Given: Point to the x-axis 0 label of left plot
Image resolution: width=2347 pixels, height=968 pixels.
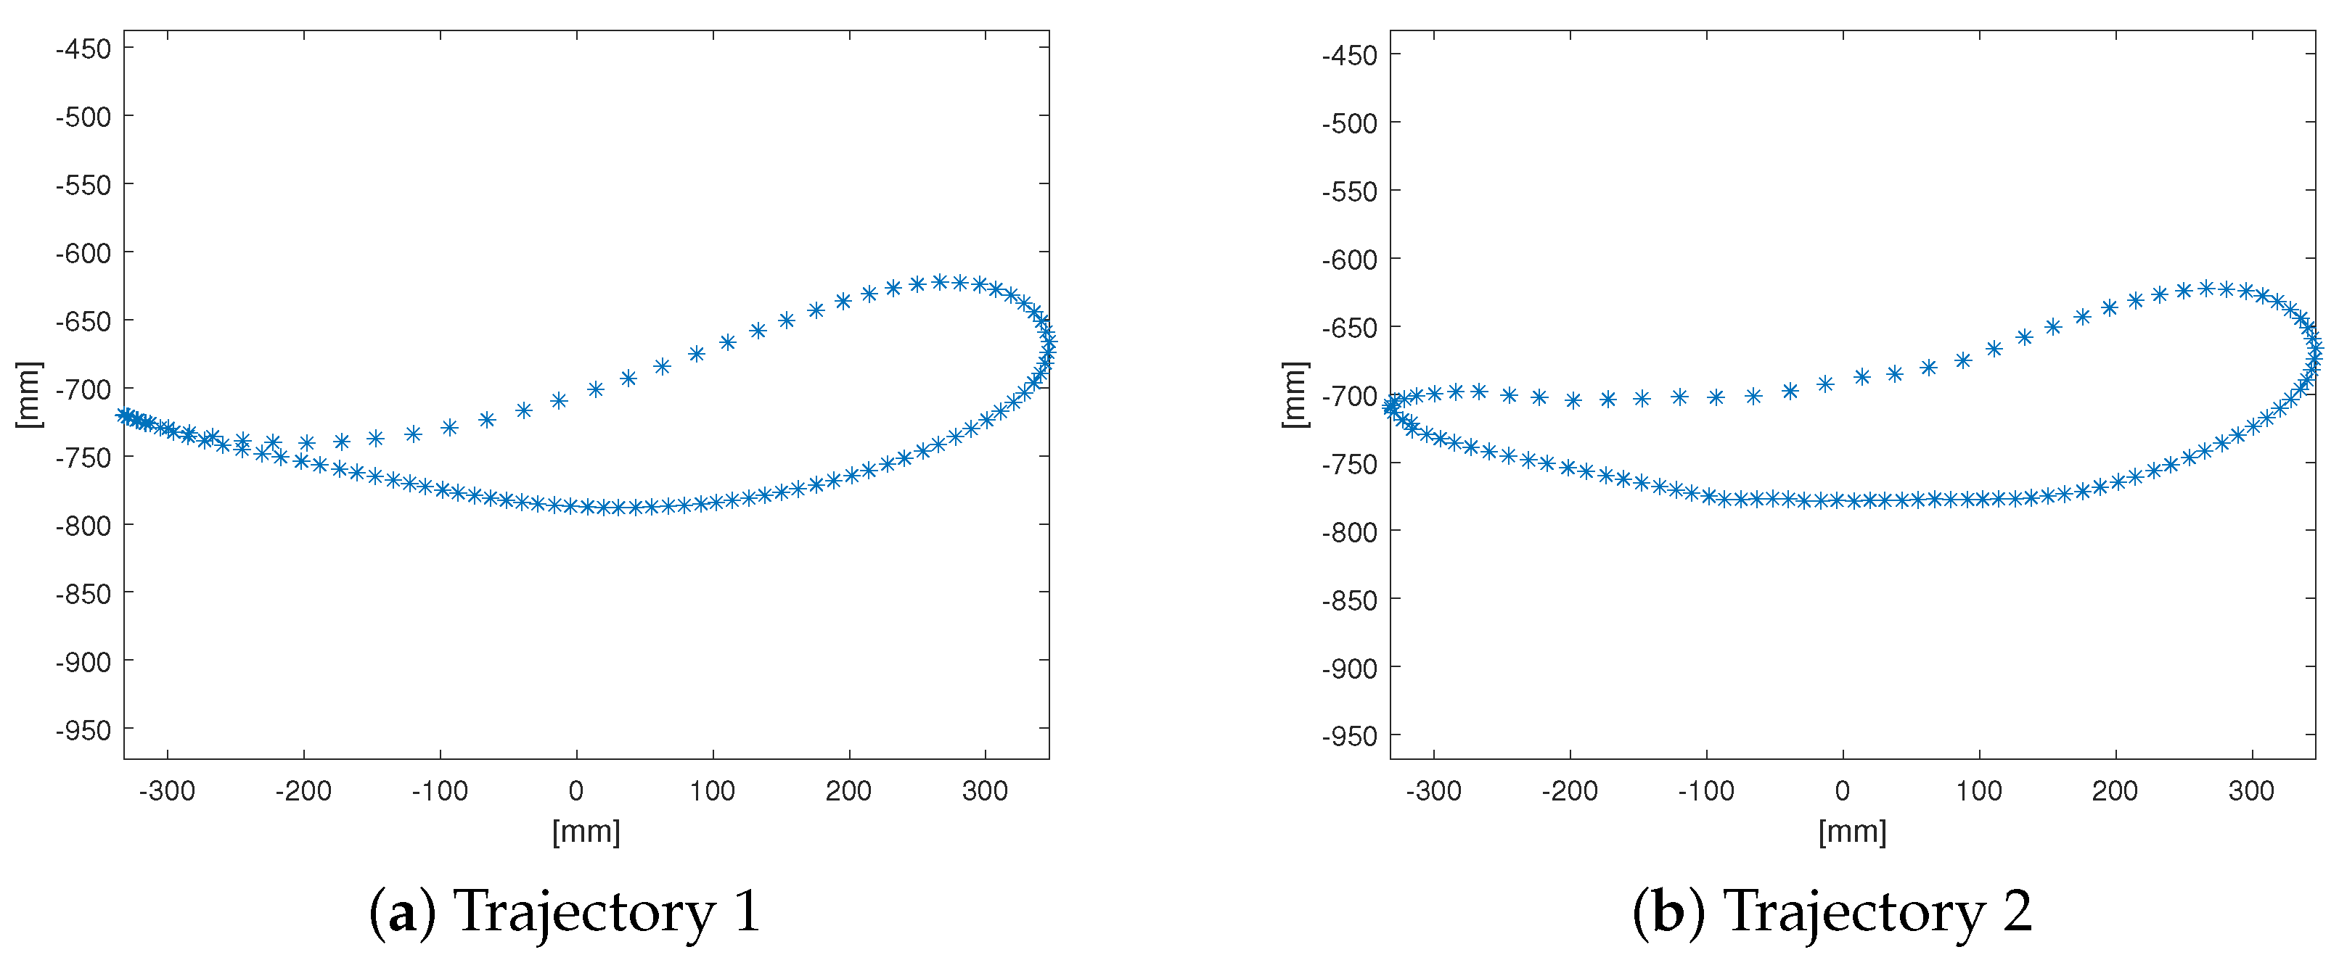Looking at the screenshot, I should tap(576, 790).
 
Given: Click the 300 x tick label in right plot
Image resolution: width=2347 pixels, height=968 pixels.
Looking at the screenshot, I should tap(2251, 790).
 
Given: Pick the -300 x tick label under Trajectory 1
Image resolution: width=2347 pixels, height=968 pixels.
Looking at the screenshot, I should tap(167, 790).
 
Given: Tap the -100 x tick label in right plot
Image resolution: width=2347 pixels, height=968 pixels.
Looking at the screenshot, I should tap(1705, 790).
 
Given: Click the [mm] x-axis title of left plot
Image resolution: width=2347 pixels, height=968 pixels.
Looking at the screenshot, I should tap(586, 832).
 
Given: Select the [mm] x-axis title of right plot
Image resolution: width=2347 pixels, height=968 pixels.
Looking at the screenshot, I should tap(1852, 832).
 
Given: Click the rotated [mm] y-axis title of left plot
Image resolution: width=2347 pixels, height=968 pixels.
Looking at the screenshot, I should tap(29, 394).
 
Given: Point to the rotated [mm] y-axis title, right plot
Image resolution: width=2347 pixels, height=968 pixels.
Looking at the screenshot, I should tap(1295, 394).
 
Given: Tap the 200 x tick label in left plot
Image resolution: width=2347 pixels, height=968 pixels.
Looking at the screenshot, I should tap(848, 790).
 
